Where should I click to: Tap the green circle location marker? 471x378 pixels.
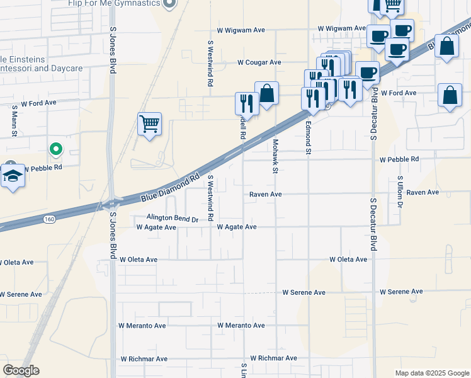tap(56, 149)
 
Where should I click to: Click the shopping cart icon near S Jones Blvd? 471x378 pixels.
tap(149, 123)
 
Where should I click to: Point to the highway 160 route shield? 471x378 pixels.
tap(48, 219)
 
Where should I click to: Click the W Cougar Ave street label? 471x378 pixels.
tap(259, 62)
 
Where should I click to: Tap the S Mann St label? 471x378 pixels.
tap(14, 117)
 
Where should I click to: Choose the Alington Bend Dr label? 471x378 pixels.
tap(172, 219)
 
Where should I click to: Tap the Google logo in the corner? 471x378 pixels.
tap(21, 370)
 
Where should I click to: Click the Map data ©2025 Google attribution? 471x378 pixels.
tap(432, 373)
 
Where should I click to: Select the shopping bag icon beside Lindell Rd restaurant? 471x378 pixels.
tap(266, 93)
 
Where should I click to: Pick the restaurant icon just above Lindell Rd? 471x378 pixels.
tap(247, 103)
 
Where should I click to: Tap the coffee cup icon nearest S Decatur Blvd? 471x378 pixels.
tap(367, 72)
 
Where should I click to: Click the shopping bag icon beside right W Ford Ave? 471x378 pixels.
tap(449, 96)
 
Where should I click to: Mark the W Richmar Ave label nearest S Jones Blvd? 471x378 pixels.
tap(143, 358)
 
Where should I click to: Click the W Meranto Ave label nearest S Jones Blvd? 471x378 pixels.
tap(142, 326)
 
